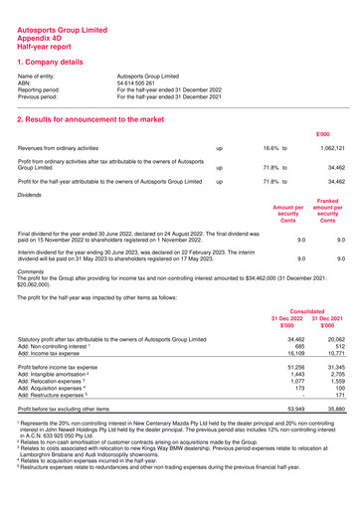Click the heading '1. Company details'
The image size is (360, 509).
[x=65, y=62]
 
